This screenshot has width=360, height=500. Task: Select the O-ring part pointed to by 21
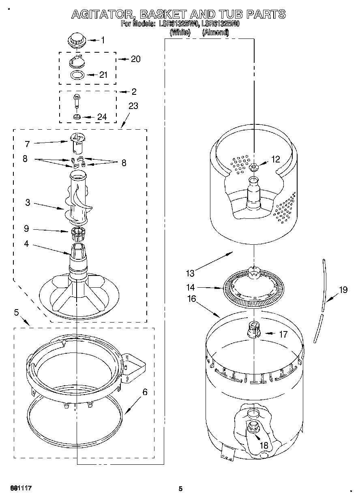click(x=77, y=75)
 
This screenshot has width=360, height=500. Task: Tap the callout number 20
click(x=135, y=59)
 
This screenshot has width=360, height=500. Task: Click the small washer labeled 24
click(x=77, y=117)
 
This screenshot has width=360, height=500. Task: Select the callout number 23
click(x=133, y=106)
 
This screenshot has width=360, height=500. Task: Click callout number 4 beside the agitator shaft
click(x=26, y=244)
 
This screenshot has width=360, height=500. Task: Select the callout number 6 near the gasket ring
click(x=145, y=392)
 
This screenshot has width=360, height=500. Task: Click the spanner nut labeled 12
click(x=253, y=167)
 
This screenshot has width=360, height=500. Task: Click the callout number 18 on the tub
click(x=264, y=446)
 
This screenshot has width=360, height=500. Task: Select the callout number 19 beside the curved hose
click(x=343, y=290)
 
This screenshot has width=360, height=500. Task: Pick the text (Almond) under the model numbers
click(x=215, y=33)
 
